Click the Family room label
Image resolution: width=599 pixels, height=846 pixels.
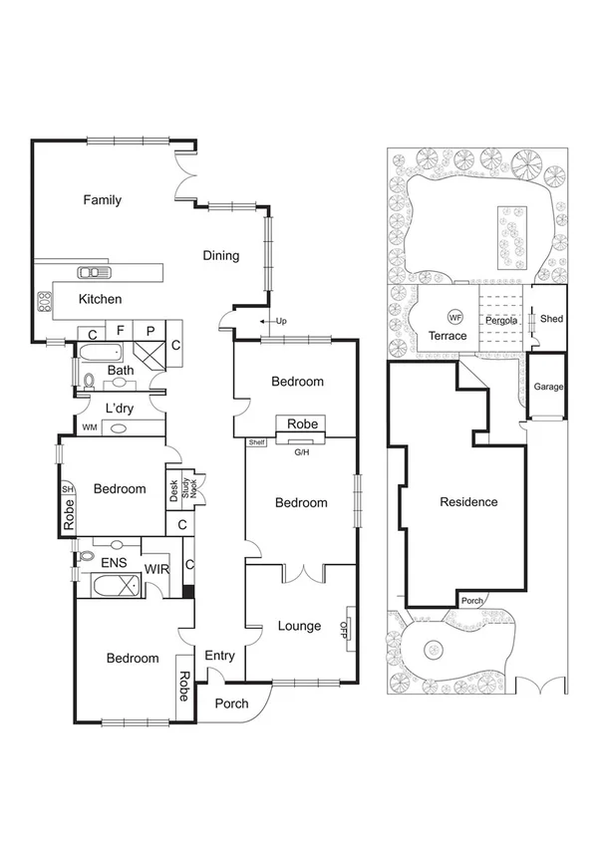click(x=102, y=200)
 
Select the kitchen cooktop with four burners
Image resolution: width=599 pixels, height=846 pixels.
click(x=44, y=302)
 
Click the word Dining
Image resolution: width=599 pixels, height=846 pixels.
click(x=221, y=256)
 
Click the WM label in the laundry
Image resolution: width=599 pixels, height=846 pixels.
click(x=90, y=428)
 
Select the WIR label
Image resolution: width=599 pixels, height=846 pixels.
click(x=157, y=569)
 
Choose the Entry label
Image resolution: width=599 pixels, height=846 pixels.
click(x=219, y=656)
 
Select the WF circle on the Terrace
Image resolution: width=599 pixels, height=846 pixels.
click(x=455, y=317)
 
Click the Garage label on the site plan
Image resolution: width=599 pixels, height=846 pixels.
click(x=548, y=387)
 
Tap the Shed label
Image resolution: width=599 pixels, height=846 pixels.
click(x=551, y=319)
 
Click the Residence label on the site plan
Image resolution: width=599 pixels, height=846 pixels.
click(x=468, y=502)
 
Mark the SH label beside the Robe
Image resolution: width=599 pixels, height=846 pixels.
click(x=68, y=489)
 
